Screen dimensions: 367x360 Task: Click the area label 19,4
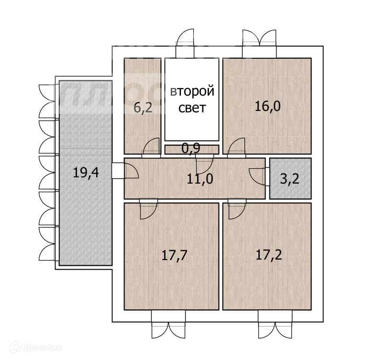tap(86, 172)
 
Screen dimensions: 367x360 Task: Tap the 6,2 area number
tap(143, 108)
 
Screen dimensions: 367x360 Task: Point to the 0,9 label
tap(191, 149)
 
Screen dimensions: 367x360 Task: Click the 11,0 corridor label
tap(200, 179)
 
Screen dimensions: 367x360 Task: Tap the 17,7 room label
tap(174, 254)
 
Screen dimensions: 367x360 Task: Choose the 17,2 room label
tap(269, 254)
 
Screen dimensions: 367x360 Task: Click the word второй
tap(192, 91)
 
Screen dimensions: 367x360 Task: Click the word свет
tap(192, 108)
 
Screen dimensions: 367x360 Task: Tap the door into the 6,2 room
tap(152, 148)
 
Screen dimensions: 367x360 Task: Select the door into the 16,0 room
tap(237, 148)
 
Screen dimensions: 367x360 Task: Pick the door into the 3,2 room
tap(258, 176)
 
